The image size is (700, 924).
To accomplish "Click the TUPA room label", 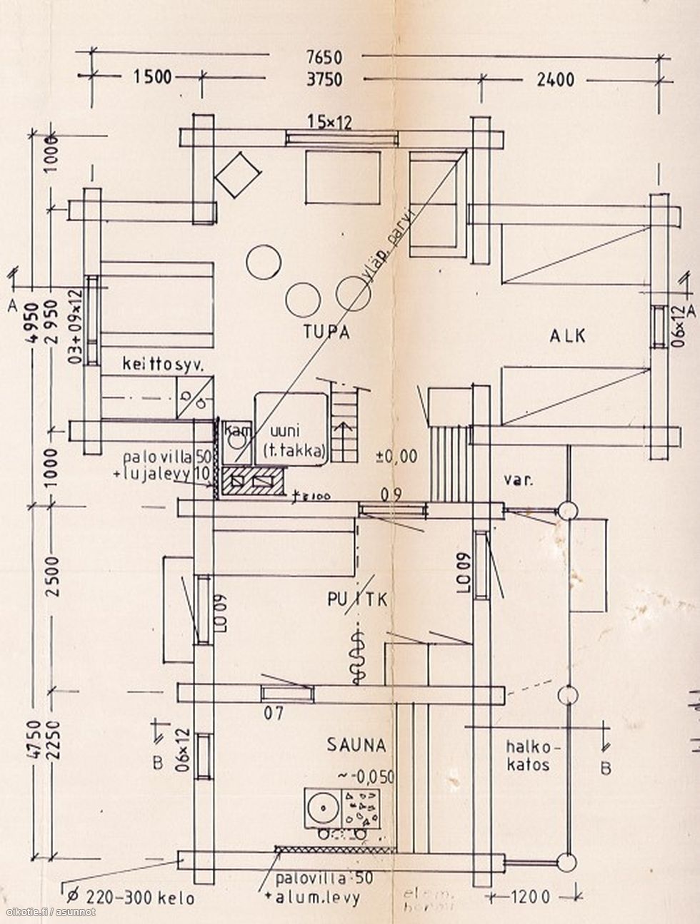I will [326, 332].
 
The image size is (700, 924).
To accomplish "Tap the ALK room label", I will [567, 335].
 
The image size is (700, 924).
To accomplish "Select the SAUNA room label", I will [356, 746].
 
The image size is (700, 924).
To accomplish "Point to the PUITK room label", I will [357, 600].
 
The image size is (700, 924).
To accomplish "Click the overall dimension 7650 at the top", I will [324, 57].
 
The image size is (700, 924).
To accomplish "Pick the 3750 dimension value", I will [324, 79].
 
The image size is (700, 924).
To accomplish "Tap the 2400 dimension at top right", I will [555, 79].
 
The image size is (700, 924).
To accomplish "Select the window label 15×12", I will [329, 122].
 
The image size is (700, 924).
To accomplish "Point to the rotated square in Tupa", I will [237, 173].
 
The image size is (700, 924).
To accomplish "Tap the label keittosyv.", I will [163, 365].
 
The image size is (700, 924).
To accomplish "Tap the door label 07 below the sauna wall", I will [274, 711].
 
